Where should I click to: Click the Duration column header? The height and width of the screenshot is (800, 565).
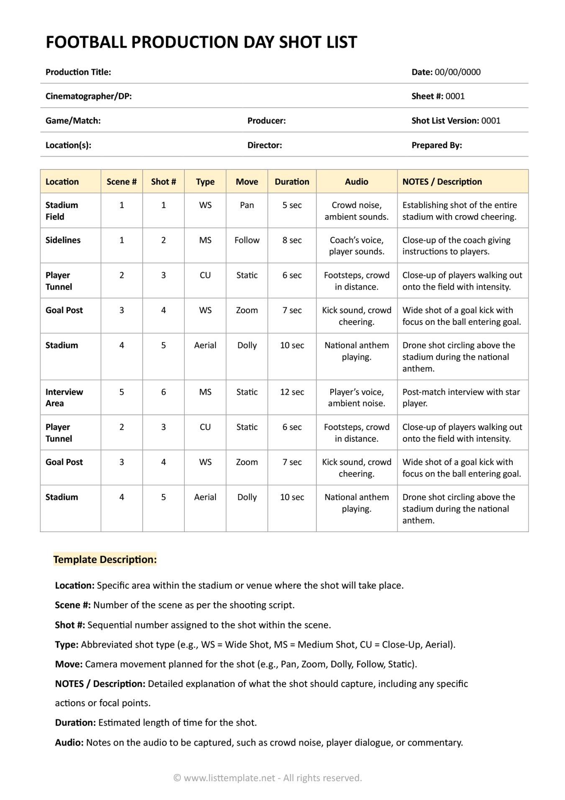(x=292, y=182)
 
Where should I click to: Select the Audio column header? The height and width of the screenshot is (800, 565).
(x=356, y=182)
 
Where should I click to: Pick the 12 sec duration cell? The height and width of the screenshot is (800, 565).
(x=292, y=392)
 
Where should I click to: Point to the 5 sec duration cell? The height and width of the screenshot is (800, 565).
(x=292, y=205)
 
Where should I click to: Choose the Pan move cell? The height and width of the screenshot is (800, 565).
(x=247, y=205)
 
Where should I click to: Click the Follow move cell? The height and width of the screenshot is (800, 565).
(x=247, y=240)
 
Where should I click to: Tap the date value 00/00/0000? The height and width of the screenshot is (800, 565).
(x=457, y=72)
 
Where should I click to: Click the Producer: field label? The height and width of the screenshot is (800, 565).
(x=267, y=121)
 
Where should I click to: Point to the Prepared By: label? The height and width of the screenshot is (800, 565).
(x=437, y=145)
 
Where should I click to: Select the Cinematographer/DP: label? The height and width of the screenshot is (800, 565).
(x=88, y=96)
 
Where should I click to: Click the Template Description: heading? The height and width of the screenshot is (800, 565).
(x=105, y=560)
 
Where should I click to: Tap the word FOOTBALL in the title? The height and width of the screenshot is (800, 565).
(x=86, y=42)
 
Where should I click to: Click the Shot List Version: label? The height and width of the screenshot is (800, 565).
(x=445, y=121)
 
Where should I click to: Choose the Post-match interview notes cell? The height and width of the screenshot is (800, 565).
(x=461, y=398)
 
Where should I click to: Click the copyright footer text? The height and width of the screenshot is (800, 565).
(x=267, y=778)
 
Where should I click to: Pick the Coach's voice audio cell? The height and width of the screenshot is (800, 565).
(x=356, y=246)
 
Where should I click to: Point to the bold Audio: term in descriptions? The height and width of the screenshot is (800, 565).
(x=69, y=743)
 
